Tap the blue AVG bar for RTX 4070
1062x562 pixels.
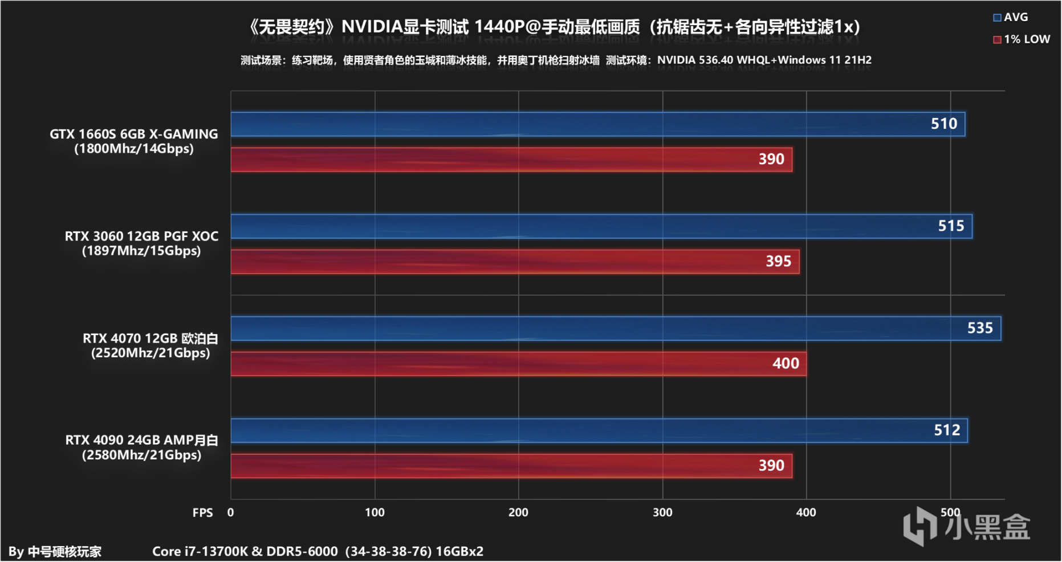click(616, 328)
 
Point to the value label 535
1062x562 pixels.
click(980, 328)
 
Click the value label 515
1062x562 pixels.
click(951, 226)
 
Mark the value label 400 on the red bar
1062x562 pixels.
click(786, 364)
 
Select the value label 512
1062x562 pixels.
click(947, 430)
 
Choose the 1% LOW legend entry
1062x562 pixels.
click(1021, 39)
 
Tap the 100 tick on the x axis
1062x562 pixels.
click(375, 512)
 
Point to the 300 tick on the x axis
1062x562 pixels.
click(662, 512)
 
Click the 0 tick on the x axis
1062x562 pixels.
click(230, 512)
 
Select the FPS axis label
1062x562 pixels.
click(202, 513)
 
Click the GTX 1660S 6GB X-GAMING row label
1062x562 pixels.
click(134, 141)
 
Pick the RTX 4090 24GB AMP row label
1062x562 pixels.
click(141, 447)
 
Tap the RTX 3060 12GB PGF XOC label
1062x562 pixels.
click(141, 243)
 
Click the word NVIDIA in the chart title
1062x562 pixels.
click(372, 27)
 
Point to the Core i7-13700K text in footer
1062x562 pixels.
click(200, 552)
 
